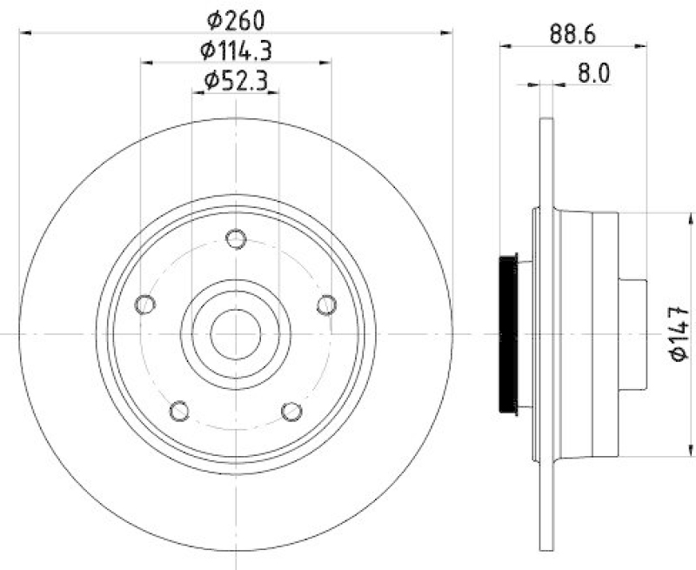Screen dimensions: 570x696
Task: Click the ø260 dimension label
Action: tap(235, 18)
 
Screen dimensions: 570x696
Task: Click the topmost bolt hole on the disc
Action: tap(235, 238)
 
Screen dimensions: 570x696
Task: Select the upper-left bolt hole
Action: tap(145, 304)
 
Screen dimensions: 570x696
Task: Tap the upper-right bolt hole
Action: tap(326, 304)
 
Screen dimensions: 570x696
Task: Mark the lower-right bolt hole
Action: tap(291, 409)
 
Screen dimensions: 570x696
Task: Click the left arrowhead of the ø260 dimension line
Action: tap(24, 32)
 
